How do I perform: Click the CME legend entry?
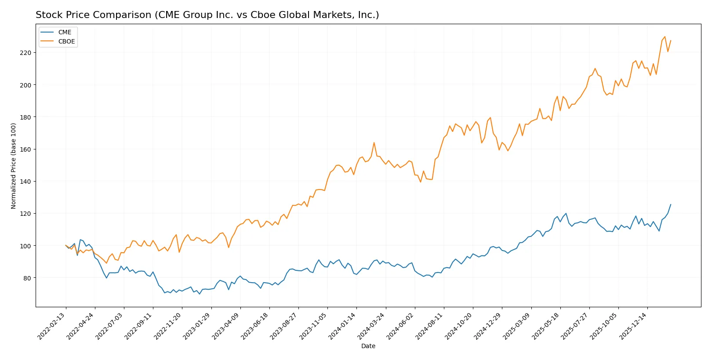pyautogui.click(x=64, y=32)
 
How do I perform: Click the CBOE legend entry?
pyautogui.click(x=66, y=41)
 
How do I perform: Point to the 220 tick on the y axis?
pyautogui.click(x=25, y=53)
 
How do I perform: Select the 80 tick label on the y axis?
pyautogui.click(x=27, y=278)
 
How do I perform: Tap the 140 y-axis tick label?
pyautogui.click(x=25, y=182)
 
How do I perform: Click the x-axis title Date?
pyautogui.click(x=368, y=346)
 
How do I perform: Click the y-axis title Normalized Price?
pyautogui.click(x=14, y=166)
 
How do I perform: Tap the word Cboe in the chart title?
pyautogui.click(x=262, y=15)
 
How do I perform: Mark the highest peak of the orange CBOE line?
pyautogui.click(x=665, y=36)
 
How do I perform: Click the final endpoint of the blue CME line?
pyautogui.click(x=671, y=204)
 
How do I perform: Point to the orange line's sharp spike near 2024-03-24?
pyautogui.click(x=374, y=142)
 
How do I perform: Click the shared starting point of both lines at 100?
pyautogui.click(x=66, y=245)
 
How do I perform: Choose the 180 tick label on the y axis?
pyautogui.click(x=25, y=117)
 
